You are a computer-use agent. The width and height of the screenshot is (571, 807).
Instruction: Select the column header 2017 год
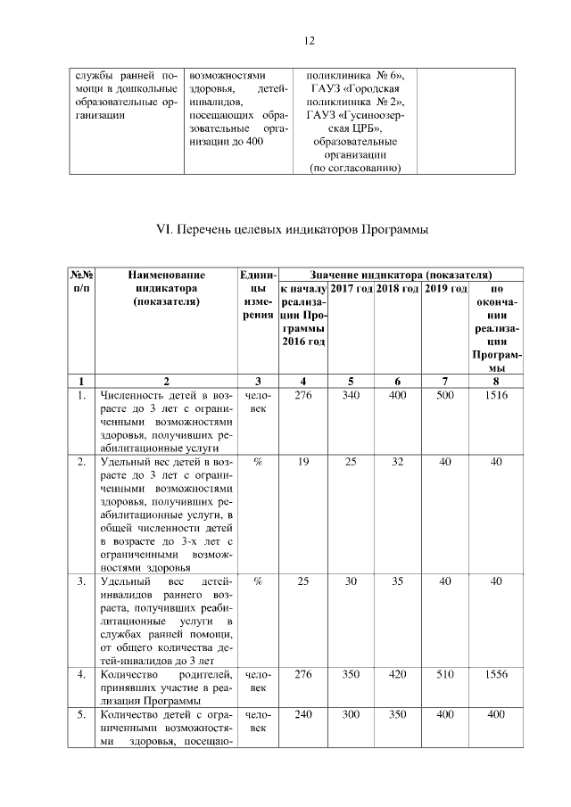(351, 289)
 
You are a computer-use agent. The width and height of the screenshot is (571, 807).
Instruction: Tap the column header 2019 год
(445, 289)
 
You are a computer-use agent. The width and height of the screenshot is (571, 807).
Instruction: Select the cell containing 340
(351, 395)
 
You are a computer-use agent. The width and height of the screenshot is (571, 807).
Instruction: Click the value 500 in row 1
(445, 395)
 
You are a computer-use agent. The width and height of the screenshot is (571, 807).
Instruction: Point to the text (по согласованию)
(354, 168)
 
